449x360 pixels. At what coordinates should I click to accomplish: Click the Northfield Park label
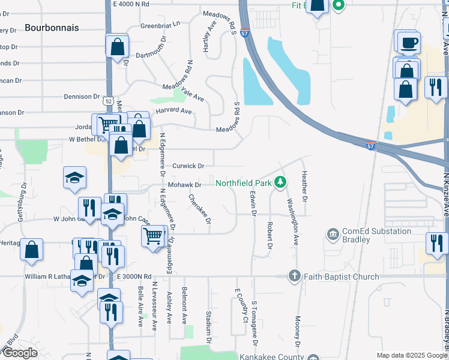point(242,182)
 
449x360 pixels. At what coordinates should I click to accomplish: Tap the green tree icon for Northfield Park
point(279,182)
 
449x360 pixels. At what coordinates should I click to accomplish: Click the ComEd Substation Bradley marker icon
point(333,233)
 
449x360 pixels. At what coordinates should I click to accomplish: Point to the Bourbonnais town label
point(52,28)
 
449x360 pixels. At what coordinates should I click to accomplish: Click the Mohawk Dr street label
point(184,185)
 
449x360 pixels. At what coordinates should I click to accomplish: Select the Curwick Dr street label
point(188,166)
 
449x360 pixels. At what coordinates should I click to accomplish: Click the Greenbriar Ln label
point(160,25)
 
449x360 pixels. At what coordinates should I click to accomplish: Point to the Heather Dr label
point(305,186)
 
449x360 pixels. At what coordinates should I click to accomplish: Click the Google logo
point(20,353)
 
